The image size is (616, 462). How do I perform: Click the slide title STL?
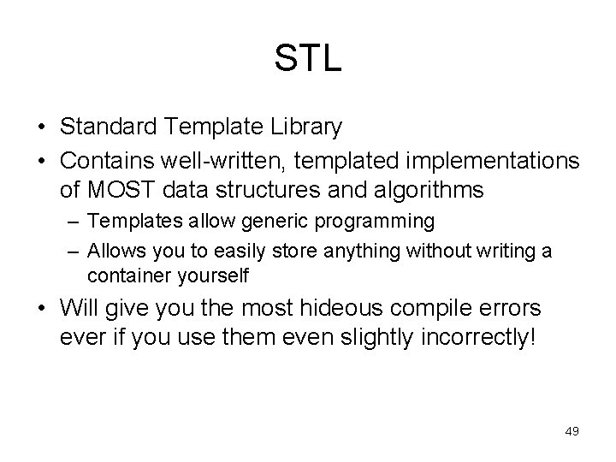(308, 59)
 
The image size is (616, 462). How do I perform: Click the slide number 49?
(571, 431)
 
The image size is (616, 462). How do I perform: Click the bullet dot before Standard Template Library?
(41, 128)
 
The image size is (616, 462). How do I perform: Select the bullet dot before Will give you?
(41, 308)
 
